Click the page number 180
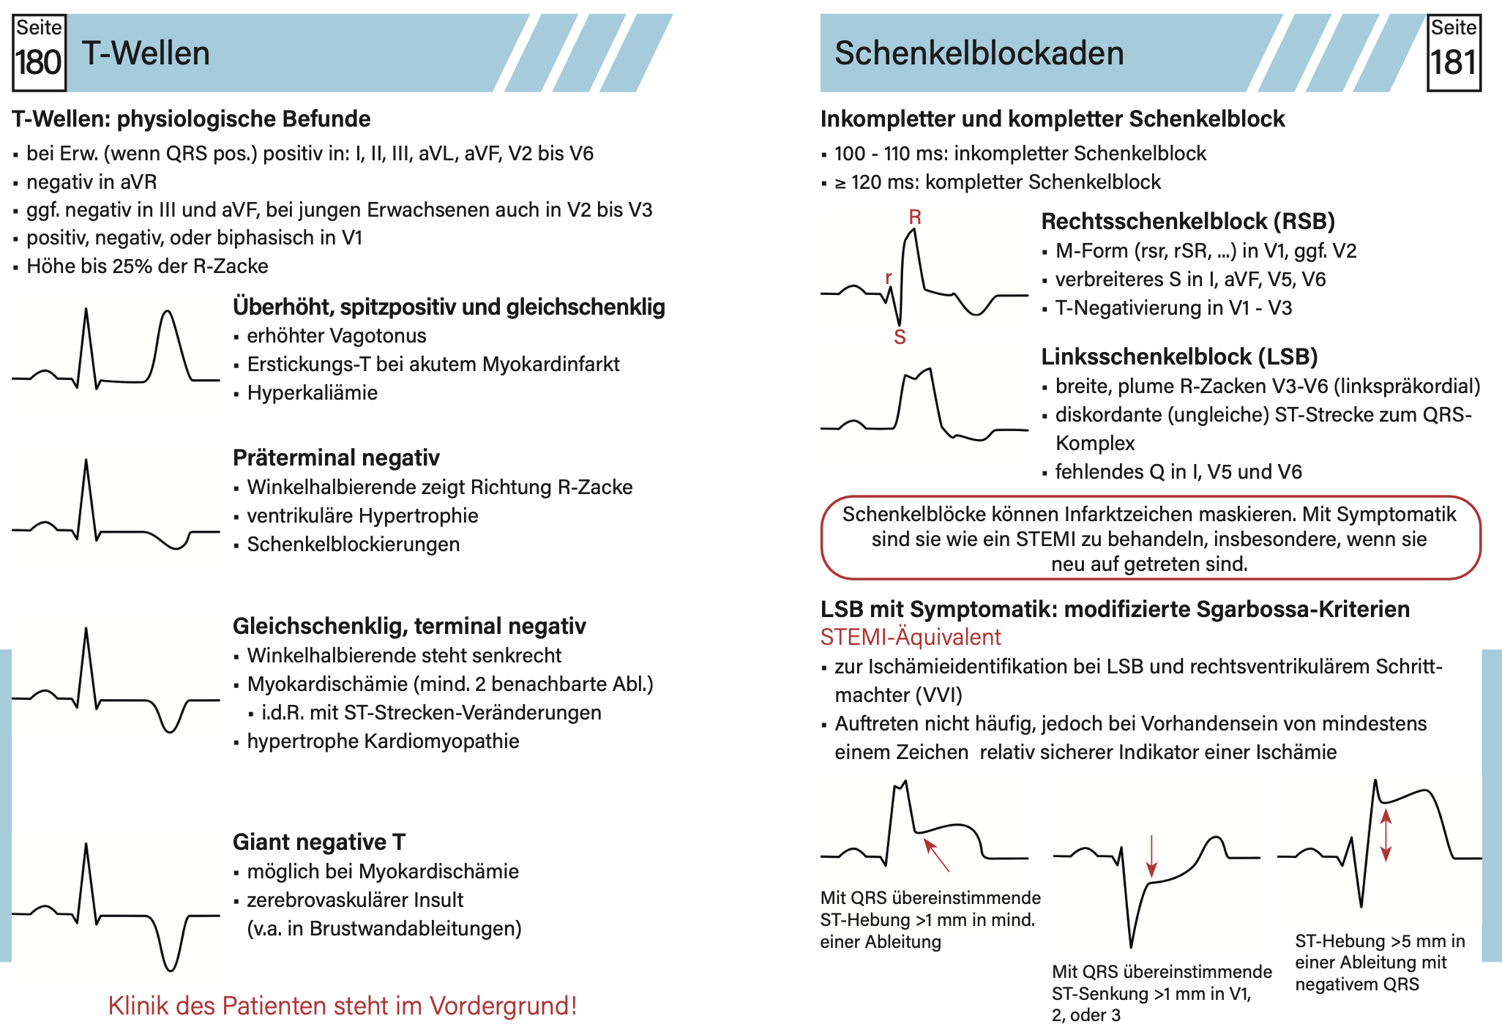[39, 63]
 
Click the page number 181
[1454, 63]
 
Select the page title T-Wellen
[146, 53]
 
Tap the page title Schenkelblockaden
[979, 53]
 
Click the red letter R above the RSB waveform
[915, 217]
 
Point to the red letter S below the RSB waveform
[900, 337]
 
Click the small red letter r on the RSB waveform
[889, 277]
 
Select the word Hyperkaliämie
[313, 393]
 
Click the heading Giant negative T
[318, 842]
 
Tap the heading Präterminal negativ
[336, 457]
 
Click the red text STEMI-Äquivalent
[910, 637]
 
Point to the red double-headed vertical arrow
[1386, 834]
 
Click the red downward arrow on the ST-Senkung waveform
[1151, 856]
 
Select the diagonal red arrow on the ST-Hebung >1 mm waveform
[936, 855]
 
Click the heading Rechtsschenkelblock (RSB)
[1187, 221]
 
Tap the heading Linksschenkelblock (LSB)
[1178, 356]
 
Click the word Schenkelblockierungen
[354, 545]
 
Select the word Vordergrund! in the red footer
[504, 1006]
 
